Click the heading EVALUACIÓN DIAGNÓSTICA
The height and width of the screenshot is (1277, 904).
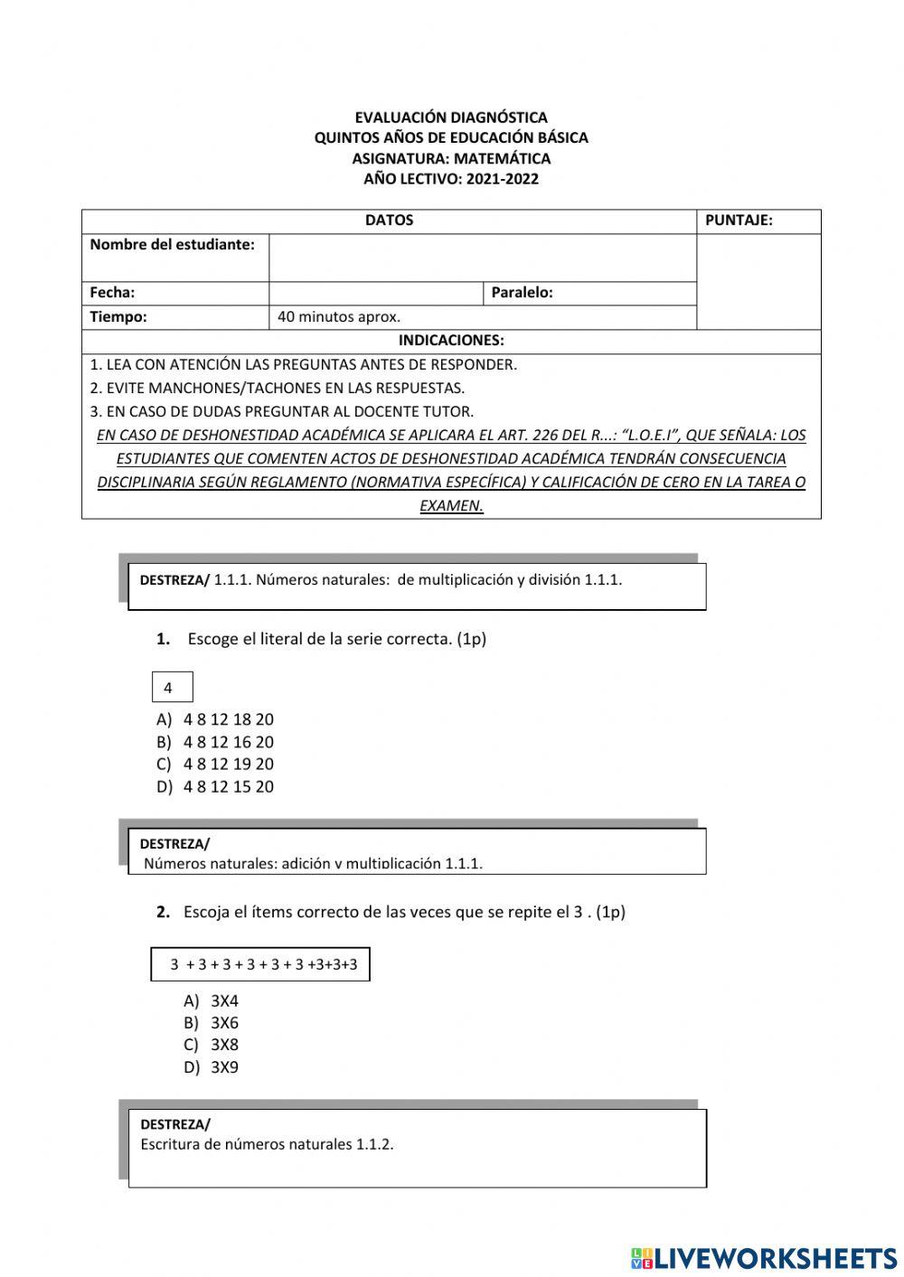[450, 117]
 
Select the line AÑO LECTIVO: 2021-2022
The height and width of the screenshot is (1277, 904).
[450, 179]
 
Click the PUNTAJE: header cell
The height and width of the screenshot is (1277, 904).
[739, 221]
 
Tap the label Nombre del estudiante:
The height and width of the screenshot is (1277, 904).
[173, 245]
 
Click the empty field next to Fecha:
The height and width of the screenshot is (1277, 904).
[376, 293]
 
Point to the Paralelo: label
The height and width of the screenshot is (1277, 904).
[523, 293]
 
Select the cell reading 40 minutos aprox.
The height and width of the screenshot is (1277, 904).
[339, 317]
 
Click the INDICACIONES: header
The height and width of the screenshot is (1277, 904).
[451, 341]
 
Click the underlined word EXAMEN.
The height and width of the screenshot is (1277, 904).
[451, 506]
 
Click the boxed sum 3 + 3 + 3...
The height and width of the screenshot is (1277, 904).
[260, 964]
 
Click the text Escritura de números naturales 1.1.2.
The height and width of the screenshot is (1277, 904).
[268, 1145]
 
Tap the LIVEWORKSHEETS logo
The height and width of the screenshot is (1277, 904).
[764, 1257]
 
